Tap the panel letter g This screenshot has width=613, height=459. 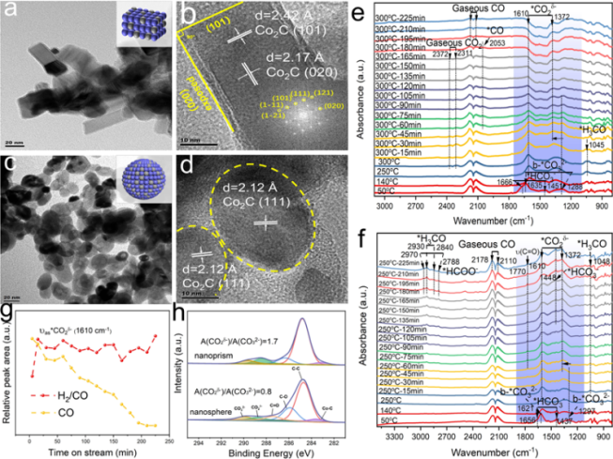[x=7, y=306]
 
